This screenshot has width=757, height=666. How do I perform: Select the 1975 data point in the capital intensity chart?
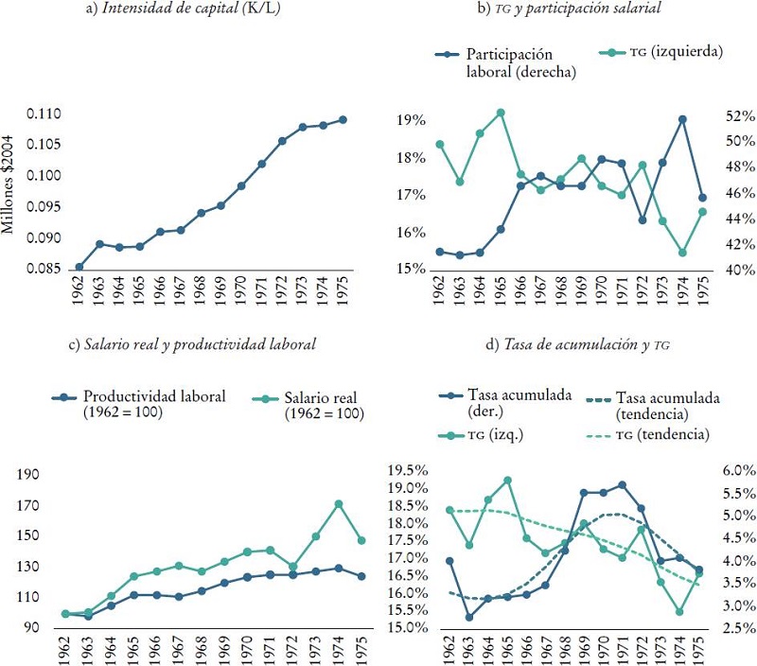(x=343, y=119)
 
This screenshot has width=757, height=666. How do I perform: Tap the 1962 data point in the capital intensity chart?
(x=79, y=267)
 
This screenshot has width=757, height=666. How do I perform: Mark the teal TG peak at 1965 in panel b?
(x=501, y=113)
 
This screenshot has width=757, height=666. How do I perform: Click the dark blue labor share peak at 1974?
(x=681, y=119)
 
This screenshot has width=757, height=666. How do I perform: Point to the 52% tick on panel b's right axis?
(x=739, y=115)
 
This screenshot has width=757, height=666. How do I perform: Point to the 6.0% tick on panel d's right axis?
(x=736, y=470)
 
